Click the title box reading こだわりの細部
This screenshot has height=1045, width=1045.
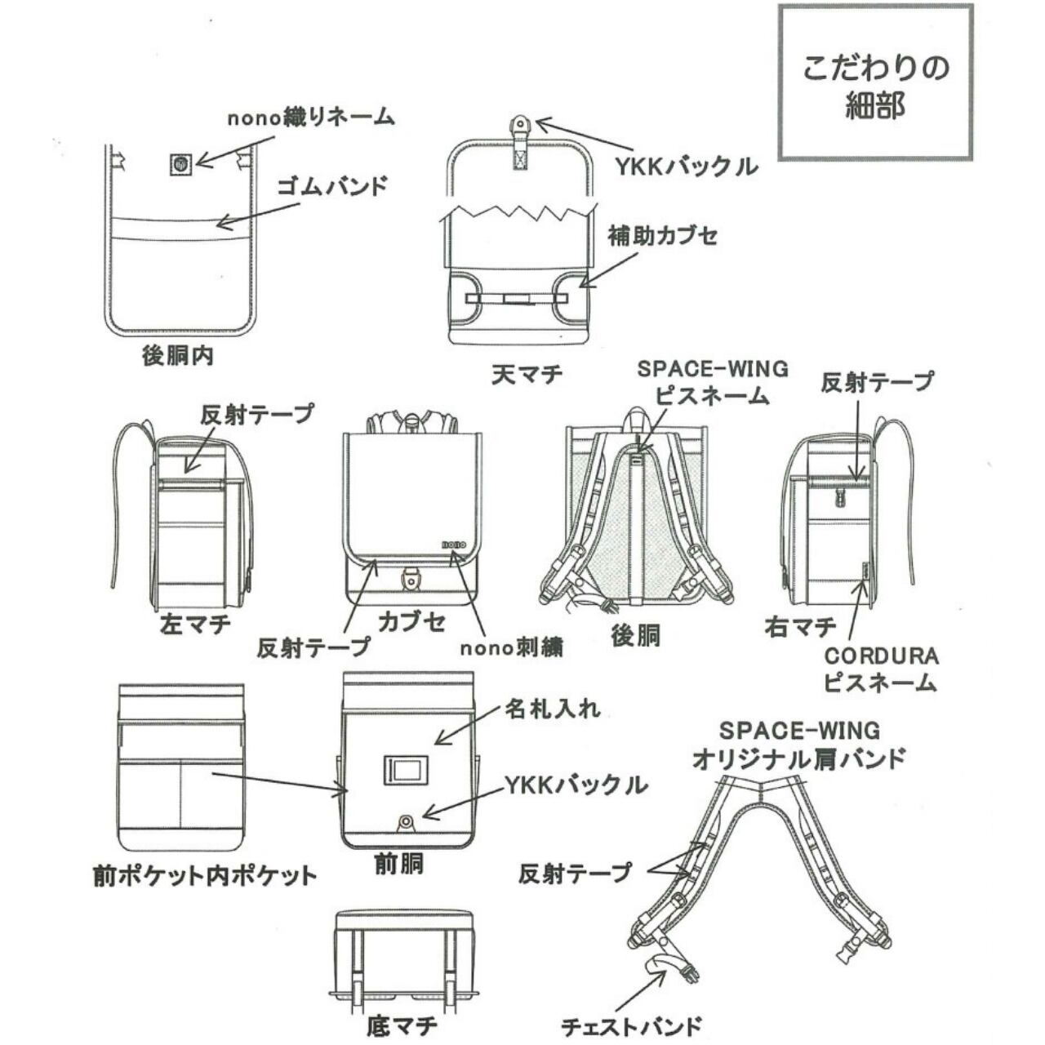(x=874, y=83)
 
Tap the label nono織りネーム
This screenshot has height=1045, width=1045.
(x=311, y=118)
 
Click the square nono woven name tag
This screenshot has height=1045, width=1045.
(x=182, y=162)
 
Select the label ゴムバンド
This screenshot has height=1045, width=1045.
(x=332, y=186)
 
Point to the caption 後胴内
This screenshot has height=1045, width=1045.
(x=177, y=356)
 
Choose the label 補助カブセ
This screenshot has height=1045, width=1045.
(x=663, y=235)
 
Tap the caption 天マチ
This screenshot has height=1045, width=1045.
(x=527, y=374)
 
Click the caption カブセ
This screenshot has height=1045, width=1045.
(x=411, y=622)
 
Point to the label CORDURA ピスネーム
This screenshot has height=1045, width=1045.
(x=881, y=669)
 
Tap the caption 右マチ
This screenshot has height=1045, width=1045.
(x=800, y=628)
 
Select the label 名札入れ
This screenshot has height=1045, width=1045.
(x=553, y=709)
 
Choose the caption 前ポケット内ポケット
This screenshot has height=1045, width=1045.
(x=205, y=876)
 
